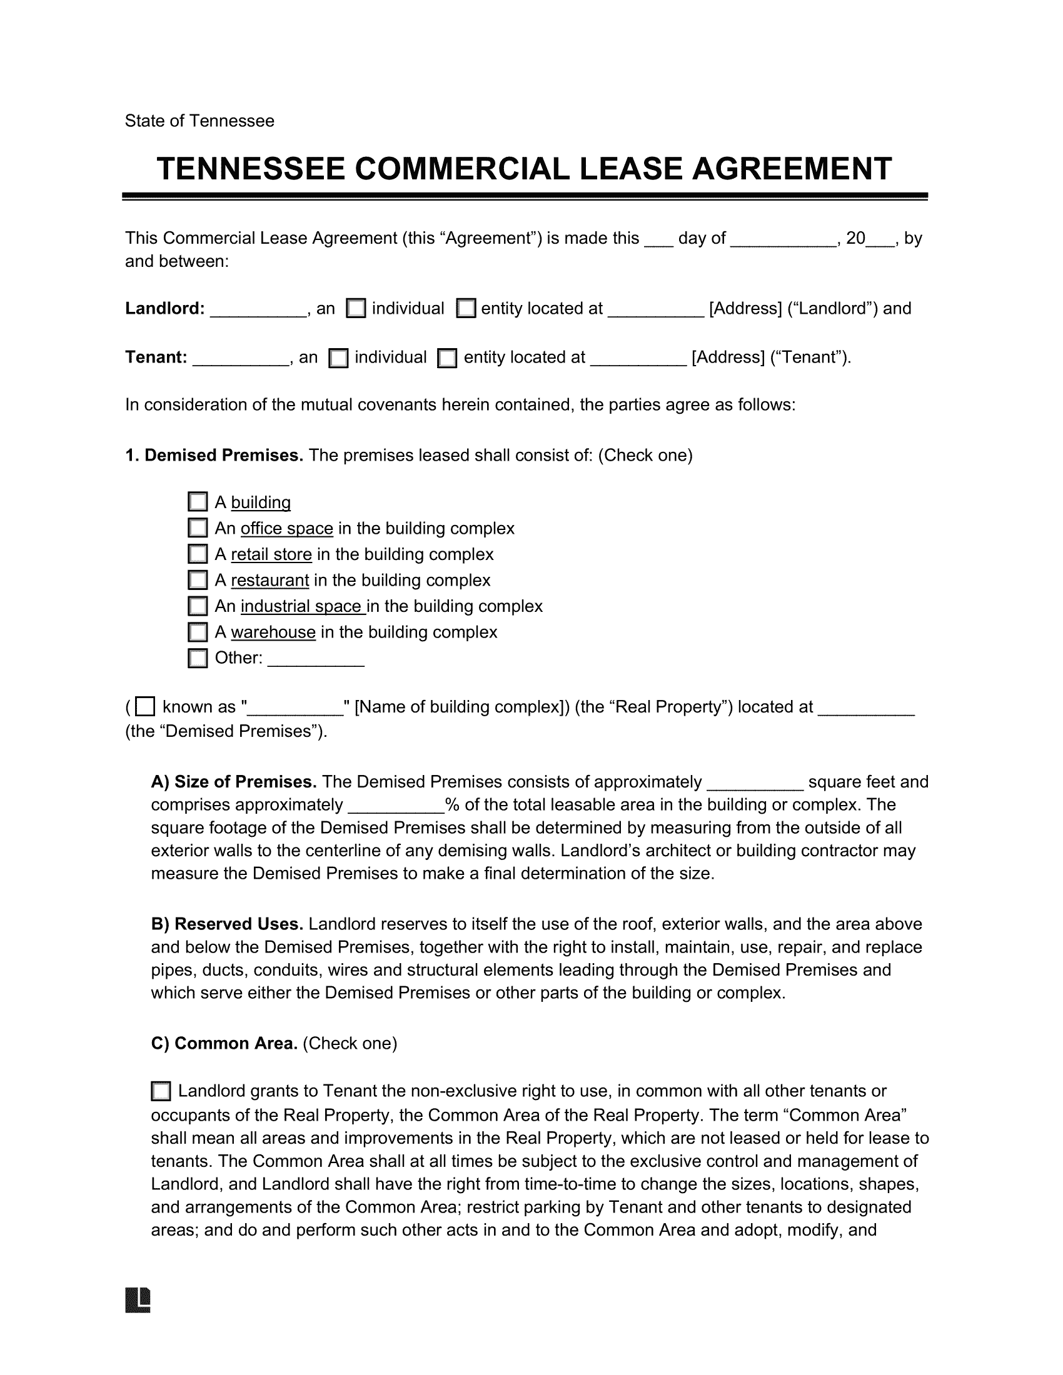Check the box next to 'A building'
coord(198,502)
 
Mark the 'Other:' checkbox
coord(198,658)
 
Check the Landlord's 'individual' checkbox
coord(356,309)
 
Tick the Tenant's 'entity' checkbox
coord(447,357)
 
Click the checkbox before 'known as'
coord(146,706)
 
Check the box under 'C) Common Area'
coord(161,1091)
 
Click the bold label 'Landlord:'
coord(165,309)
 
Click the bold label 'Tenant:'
coord(156,357)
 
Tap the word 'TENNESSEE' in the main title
coord(251,169)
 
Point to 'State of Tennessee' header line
coord(199,121)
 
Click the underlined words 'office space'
coord(286,528)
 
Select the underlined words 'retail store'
coord(271,554)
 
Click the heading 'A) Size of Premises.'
coord(234,782)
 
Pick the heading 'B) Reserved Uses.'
coord(228,924)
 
